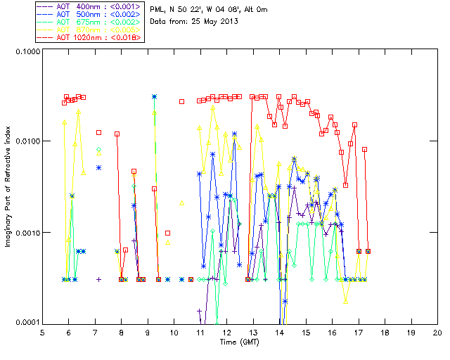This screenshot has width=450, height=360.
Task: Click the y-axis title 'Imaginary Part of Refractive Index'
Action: tap(10, 187)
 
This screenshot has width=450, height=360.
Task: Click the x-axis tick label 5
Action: tap(42, 332)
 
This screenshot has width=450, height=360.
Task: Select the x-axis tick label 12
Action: tap(226, 332)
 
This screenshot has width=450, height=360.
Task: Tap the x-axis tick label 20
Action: tap(437, 332)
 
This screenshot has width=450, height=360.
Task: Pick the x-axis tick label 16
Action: tap(332, 332)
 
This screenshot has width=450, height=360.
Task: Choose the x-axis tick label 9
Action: tap(148, 332)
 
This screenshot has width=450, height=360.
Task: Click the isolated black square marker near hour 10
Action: tap(181, 101)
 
